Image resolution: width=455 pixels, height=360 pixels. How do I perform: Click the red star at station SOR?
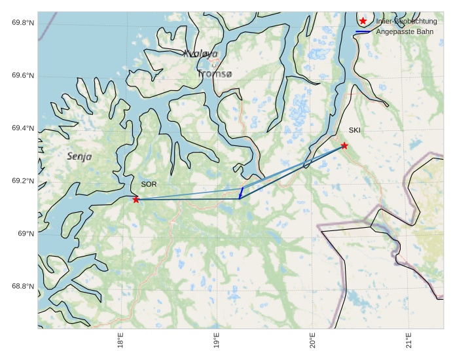pyautogui.click(x=136, y=200)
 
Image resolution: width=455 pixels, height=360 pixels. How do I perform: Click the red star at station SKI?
pyautogui.click(x=344, y=145)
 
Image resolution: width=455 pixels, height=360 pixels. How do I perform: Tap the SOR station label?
pyautogui.click(x=149, y=185)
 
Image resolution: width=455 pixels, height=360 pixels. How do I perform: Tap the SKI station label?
pyautogui.click(x=354, y=130)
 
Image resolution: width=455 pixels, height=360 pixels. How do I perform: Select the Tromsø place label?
pyautogui.click(x=215, y=75)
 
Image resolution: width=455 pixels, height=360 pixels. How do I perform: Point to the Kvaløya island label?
pyautogui.click(x=200, y=54)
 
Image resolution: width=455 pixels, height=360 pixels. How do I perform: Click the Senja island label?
pyautogui.click(x=79, y=157)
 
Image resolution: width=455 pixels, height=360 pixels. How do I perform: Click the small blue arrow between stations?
pyautogui.click(x=241, y=192)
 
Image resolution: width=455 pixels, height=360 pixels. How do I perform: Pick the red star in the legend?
pyautogui.click(x=363, y=21)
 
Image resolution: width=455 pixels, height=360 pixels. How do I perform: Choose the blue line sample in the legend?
pyautogui.click(x=363, y=31)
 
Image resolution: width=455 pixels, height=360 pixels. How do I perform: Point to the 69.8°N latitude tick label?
pyautogui.click(x=23, y=23)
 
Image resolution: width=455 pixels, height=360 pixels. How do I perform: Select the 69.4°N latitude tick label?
pyautogui.click(x=23, y=128)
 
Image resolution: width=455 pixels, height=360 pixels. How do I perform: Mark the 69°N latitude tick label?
pyautogui.click(x=26, y=234)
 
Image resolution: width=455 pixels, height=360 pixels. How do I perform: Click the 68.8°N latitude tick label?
pyautogui.click(x=23, y=287)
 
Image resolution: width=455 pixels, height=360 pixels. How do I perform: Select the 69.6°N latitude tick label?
pyautogui.click(x=23, y=76)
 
